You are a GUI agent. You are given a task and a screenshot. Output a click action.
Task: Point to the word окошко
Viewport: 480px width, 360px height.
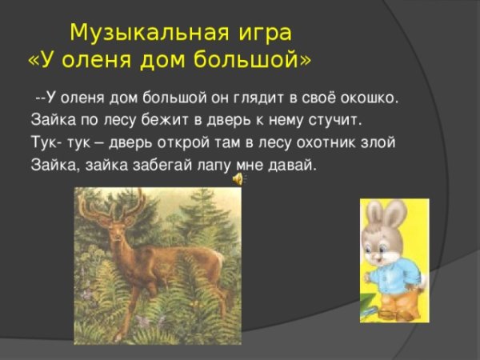(368, 98)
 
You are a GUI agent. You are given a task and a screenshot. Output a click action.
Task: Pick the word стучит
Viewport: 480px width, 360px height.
(335, 121)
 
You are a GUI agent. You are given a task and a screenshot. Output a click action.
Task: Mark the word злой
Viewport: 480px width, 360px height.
(378, 143)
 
